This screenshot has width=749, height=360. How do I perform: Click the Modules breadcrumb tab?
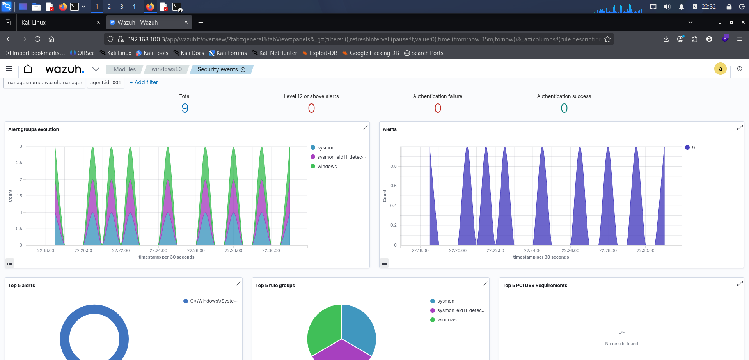pyautogui.click(x=125, y=69)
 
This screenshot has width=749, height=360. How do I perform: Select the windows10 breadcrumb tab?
pyautogui.click(x=167, y=69)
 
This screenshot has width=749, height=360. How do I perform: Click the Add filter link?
pyautogui.click(x=144, y=82)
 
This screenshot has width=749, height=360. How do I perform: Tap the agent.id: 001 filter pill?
pyautogui.click(x=106, y=83)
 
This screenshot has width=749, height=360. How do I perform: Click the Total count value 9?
pyautogui.click(x=185, y=108)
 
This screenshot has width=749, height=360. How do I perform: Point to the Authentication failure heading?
pyautogui.click(x=438, y=96)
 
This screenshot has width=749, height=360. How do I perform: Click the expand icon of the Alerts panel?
pyautogui.click(x=740, y=128)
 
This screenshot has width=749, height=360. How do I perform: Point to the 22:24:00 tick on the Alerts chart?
pyautogui.click(x=533, y=250)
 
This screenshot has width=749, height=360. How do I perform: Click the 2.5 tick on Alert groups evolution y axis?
pyautogui.click(x=19, y=163)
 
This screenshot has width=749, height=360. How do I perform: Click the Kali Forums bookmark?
pyautogui.click(x=228, y=53)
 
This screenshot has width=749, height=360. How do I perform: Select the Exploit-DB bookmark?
pyautogui.click(x=320, y=53)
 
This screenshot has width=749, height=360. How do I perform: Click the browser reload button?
pyautogui.click(x=37, y=39)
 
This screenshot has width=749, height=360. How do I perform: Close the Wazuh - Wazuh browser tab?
pyautogui.click(x=186, y=23)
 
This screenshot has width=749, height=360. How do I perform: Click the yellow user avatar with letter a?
pyautogui.click(x=721, y=69)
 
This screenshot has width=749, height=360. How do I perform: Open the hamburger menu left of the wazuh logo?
pyautogui.click(x=9, y=69)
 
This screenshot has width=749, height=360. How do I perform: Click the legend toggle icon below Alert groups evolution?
pyautogui.click(x=10, y=263)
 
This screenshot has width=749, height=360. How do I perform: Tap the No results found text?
pyautogui.click(x=621, y=344)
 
